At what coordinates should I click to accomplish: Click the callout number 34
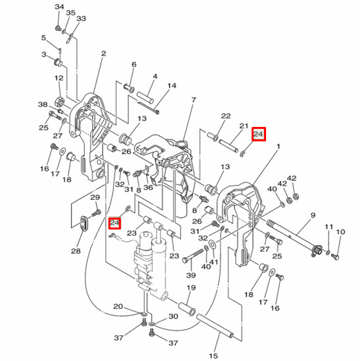(60, 7)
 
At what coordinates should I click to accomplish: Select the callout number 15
(213, 356)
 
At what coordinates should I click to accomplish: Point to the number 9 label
(313, 215)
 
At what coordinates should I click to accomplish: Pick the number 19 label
(192, 288)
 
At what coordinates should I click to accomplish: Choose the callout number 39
(191, 274)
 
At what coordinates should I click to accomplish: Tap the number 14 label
(171, 85)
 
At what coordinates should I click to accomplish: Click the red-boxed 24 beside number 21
(258, 134)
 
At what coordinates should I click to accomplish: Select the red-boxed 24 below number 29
(115, 222)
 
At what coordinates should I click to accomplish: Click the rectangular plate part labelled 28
(83, 224)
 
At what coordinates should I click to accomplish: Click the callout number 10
(340, 232)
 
